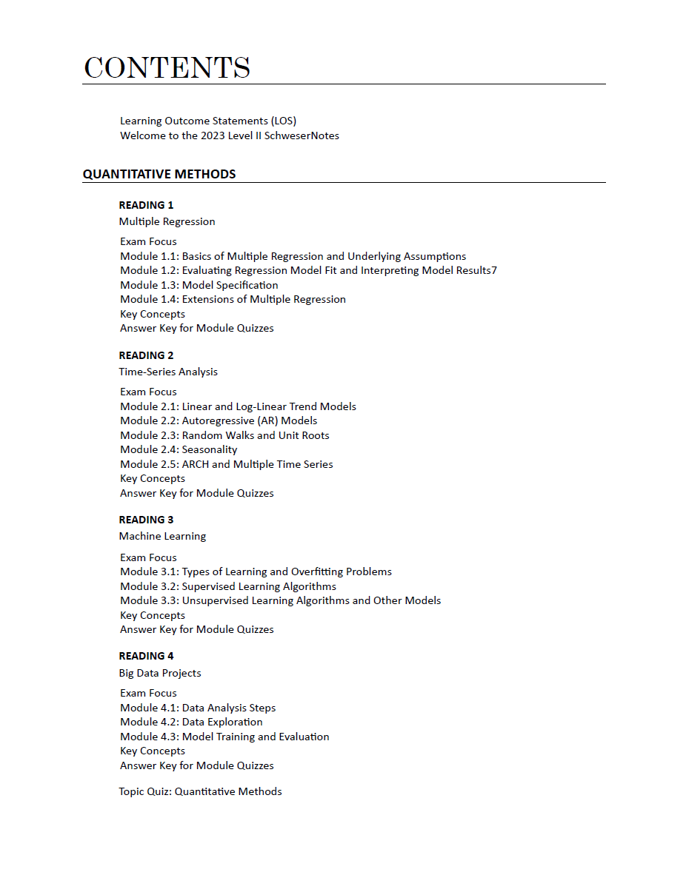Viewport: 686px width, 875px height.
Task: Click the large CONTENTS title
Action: click(167, 67)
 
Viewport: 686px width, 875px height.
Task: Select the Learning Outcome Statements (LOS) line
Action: click(208, 121)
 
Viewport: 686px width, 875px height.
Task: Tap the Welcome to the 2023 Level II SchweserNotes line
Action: click(230, 135)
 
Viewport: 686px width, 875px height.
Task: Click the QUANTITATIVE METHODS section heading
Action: click(159, 175)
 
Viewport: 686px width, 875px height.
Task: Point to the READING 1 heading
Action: click(146, 205)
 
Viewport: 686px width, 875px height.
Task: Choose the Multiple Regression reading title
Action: click(167, 221)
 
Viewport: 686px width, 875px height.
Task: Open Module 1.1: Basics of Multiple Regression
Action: click(293, 256)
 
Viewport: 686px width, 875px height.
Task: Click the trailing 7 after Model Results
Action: click(494, 271)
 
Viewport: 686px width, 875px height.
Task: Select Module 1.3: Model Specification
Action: click(199, 285)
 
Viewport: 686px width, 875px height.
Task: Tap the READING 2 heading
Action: click(146, 355)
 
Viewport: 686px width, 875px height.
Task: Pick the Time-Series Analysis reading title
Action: click(168, 372)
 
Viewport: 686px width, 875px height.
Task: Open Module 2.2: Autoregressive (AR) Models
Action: click(219, 420)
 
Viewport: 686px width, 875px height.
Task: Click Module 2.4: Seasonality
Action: click(179, 449)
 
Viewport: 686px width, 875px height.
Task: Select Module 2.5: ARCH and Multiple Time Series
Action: click(227, 464)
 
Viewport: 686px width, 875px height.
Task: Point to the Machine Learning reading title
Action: click(162, 536)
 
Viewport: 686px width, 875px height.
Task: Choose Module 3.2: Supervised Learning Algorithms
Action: click(228, 586)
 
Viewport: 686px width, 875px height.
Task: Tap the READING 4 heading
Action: click(146, 656)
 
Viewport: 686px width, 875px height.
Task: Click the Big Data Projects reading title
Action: click(160, 673)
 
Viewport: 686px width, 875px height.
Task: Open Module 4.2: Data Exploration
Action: click(191, 722)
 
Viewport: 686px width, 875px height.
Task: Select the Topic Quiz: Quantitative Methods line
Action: click(200, 791)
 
